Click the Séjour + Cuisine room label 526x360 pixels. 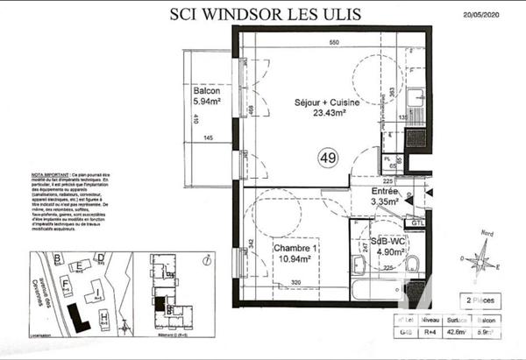click(321, 107)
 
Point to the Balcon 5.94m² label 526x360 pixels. click(208, 96)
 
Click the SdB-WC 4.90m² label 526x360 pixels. click(387, 246)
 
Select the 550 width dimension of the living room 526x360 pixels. click(334, 42)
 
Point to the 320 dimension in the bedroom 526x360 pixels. click(296, 283)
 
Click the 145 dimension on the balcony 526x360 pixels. click(209, 138)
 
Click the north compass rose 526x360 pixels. click(480, 258)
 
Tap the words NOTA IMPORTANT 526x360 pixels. click(53, 175)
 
